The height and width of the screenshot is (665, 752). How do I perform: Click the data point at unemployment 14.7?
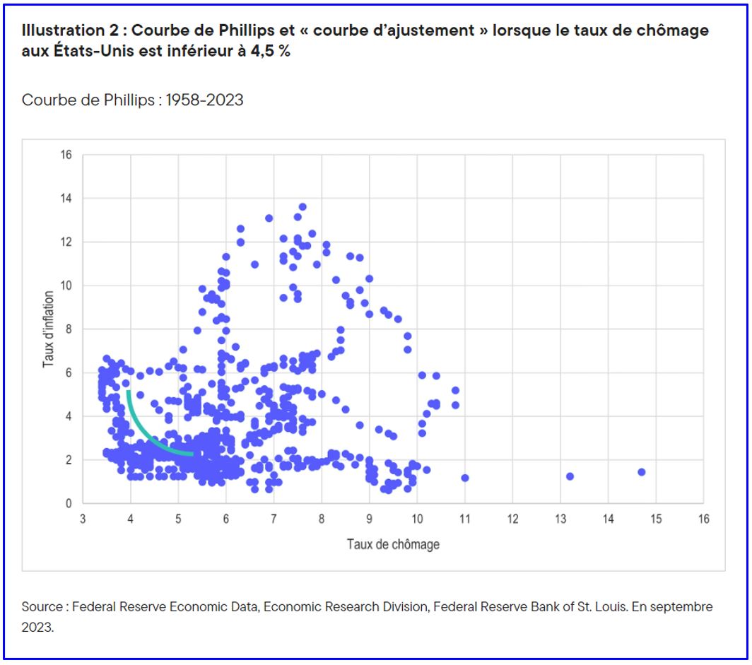[641, 472]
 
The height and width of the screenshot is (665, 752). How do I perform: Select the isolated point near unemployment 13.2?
[570, 476]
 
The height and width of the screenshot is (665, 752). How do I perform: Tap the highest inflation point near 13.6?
[302, 207]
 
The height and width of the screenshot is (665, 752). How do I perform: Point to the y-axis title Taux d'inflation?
[49, 329]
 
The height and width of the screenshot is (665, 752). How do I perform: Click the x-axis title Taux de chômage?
[393, 544]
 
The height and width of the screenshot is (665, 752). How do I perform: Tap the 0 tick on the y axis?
[69, 504]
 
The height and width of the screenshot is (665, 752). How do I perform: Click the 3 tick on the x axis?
[83, 519]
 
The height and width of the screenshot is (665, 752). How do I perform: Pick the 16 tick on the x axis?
[703, 519]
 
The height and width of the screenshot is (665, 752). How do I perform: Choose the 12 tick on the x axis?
[512, 519]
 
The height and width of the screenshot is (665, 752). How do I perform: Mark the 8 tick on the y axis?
[69, 329]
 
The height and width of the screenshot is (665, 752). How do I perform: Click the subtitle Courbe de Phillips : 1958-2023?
[132, 100]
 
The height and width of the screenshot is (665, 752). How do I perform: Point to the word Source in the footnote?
[43, 607]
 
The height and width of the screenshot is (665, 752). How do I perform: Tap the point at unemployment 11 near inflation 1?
[464, 478]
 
